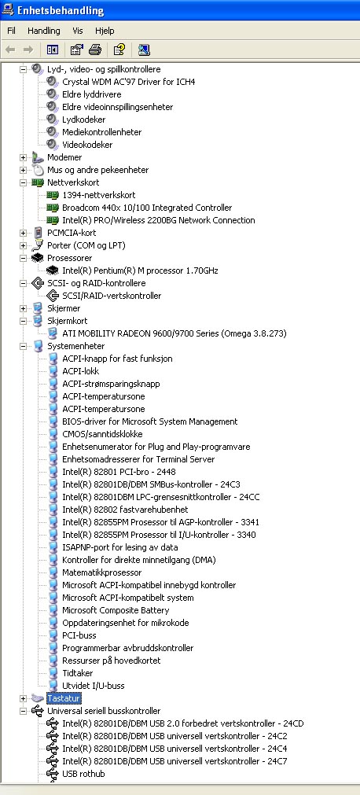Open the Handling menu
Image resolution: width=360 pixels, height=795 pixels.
(43, 31)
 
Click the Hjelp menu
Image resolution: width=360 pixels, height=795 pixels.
(105, 31)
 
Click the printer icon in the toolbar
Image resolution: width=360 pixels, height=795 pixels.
(95, 50)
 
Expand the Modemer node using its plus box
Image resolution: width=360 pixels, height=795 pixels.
(23, 158)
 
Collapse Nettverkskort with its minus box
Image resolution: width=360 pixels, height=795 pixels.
(23, 182)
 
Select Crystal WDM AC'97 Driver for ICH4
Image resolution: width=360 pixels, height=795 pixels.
(129, 82)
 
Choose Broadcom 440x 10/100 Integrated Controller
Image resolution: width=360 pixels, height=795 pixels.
(147, 208)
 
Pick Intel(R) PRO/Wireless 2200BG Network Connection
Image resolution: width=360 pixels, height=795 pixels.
(159, 220)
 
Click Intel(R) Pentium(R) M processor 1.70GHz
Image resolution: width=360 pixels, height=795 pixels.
(140, 271)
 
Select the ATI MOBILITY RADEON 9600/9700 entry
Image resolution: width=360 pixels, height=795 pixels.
(174, 333)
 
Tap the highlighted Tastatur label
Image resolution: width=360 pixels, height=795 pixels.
(64, 698)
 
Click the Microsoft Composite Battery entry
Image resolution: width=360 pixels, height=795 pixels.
(116, 610)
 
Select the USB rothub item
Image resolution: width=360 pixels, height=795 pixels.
(83, 775)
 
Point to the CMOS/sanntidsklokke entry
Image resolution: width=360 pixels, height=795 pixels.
(102, 435)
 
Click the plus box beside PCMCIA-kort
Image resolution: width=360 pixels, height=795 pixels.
(23, 234)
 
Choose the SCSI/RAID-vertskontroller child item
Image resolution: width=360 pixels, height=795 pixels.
(112, 296)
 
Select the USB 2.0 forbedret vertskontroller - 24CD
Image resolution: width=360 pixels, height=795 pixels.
(183, 724)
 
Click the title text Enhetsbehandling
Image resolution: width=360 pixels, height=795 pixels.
(61, 11)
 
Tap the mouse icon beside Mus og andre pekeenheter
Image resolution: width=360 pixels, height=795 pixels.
(38, 170)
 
